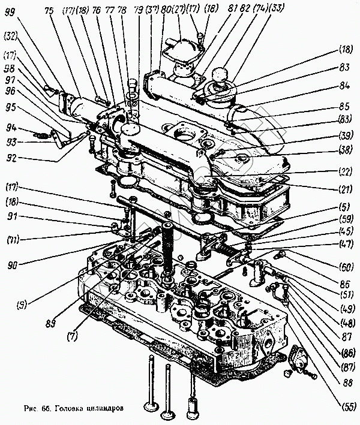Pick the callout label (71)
12,240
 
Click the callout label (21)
344,190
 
